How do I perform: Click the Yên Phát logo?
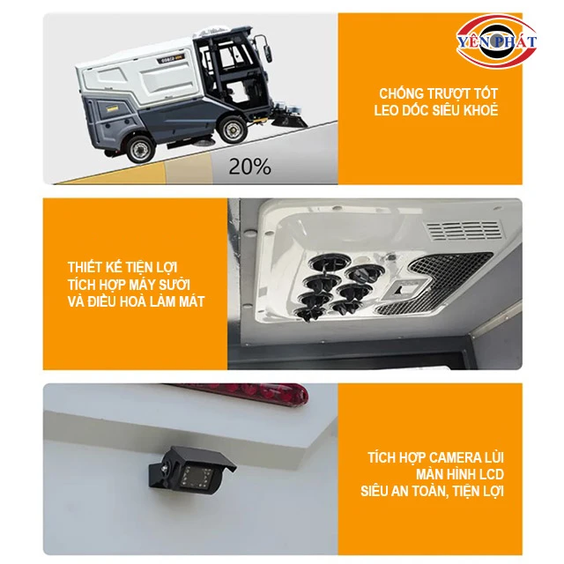496,41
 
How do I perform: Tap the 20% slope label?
249,167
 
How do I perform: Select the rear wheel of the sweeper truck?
139,149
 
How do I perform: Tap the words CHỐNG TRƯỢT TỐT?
438,93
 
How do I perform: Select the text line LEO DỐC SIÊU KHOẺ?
436,110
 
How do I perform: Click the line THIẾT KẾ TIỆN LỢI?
122,267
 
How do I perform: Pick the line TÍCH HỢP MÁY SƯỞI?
129,284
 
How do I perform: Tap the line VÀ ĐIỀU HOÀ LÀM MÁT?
136,301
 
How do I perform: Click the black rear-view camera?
192,472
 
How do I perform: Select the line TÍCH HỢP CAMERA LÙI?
435,457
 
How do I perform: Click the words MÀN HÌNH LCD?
460,474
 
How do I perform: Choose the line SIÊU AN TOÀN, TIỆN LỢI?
432,492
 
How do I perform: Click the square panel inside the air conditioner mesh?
406,289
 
